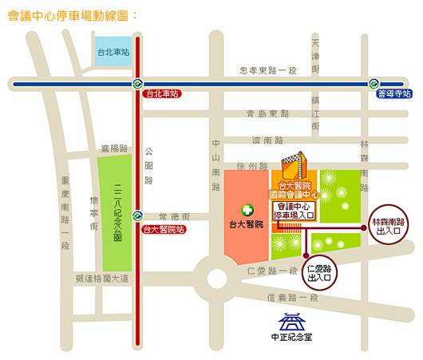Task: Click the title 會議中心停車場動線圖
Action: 71,15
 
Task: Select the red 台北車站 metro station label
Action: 161,93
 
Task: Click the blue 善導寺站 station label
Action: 393,93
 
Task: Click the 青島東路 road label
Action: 268,113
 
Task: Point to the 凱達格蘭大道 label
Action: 101,279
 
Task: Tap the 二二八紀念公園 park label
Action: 118,212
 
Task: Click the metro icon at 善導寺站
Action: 373,83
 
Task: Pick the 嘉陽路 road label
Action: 115,148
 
